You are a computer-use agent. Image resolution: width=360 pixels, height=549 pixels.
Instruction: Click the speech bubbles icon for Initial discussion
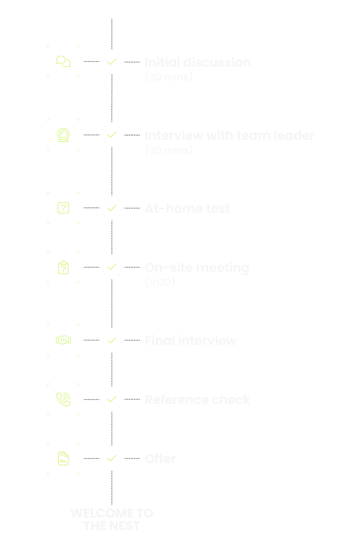63,62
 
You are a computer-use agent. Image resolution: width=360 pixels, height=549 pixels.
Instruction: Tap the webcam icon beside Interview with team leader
63,135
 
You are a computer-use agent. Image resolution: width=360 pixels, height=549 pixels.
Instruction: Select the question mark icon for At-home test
63,208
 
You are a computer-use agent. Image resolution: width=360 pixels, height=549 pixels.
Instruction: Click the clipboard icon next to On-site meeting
63,267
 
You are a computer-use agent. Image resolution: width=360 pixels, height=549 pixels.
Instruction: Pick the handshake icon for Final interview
63,340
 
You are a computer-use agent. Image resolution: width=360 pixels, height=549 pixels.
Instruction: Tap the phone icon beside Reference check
63,399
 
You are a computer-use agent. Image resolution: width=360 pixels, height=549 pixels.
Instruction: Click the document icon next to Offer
63,459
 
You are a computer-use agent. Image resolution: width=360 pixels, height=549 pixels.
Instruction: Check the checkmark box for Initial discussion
112,62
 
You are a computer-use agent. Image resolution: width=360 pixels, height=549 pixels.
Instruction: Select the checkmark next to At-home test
112,208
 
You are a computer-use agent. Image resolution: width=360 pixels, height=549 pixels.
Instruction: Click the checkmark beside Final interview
112,340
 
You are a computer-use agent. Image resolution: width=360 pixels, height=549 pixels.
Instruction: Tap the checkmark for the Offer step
112,459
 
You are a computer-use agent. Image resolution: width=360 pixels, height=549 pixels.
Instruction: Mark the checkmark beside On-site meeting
112,267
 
